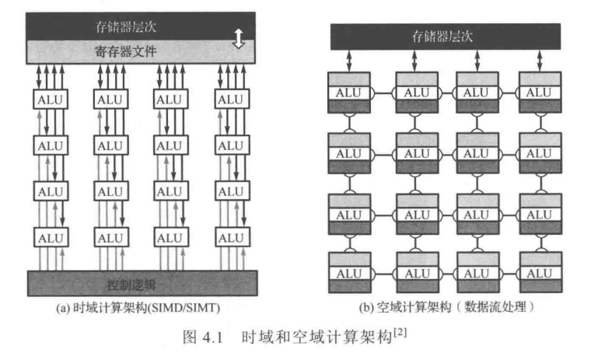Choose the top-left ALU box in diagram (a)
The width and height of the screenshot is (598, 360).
pyautogui.click(x=51, y=100)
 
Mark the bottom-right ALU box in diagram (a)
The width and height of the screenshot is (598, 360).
pyautogui.click(x=231, y=237)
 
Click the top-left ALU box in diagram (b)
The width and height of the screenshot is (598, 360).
pyautogui.click(x=349, y=93)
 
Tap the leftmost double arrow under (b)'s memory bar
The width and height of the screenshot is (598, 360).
pyautogui.click(x=349, y=61)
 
